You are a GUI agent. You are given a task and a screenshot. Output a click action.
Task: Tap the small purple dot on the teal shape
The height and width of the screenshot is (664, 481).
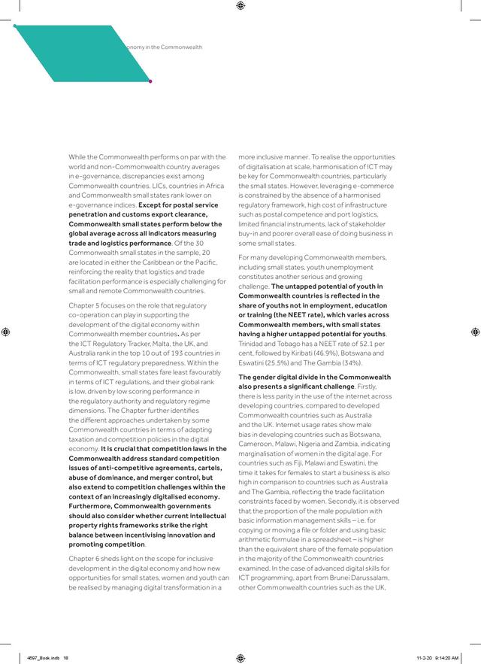tap(150, 81)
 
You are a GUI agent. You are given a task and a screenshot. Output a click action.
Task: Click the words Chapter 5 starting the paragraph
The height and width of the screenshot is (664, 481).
tap(84, 307)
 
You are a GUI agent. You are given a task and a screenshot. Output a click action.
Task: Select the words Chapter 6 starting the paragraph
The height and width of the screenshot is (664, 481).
tap(84, 557)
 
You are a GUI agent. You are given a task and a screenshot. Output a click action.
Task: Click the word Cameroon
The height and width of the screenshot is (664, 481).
tap(256, 444)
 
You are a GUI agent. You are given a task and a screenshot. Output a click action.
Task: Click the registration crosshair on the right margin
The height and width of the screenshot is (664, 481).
tap(475, 332)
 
